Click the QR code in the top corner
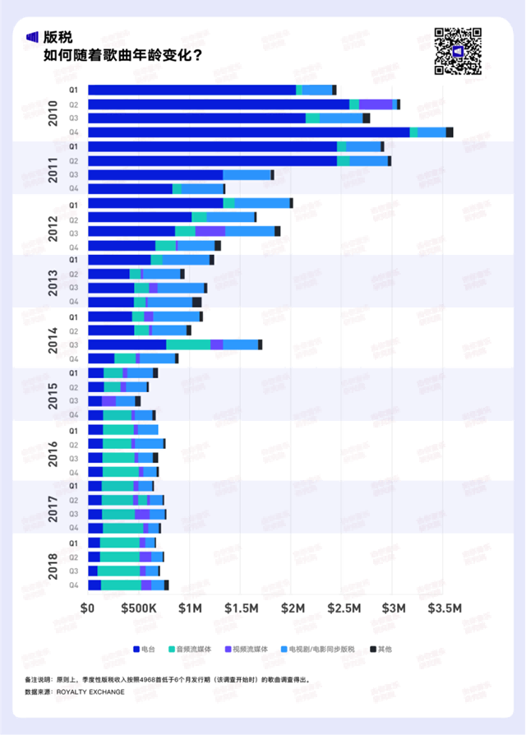(457, 51)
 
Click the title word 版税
(61, 37)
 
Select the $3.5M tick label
(447, 608)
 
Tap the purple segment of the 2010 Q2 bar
(376, 104)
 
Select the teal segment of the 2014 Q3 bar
(188, 344)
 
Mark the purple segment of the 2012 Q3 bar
(210, 231)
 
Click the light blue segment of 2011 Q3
(247, 175)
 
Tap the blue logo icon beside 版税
(33, 37)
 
